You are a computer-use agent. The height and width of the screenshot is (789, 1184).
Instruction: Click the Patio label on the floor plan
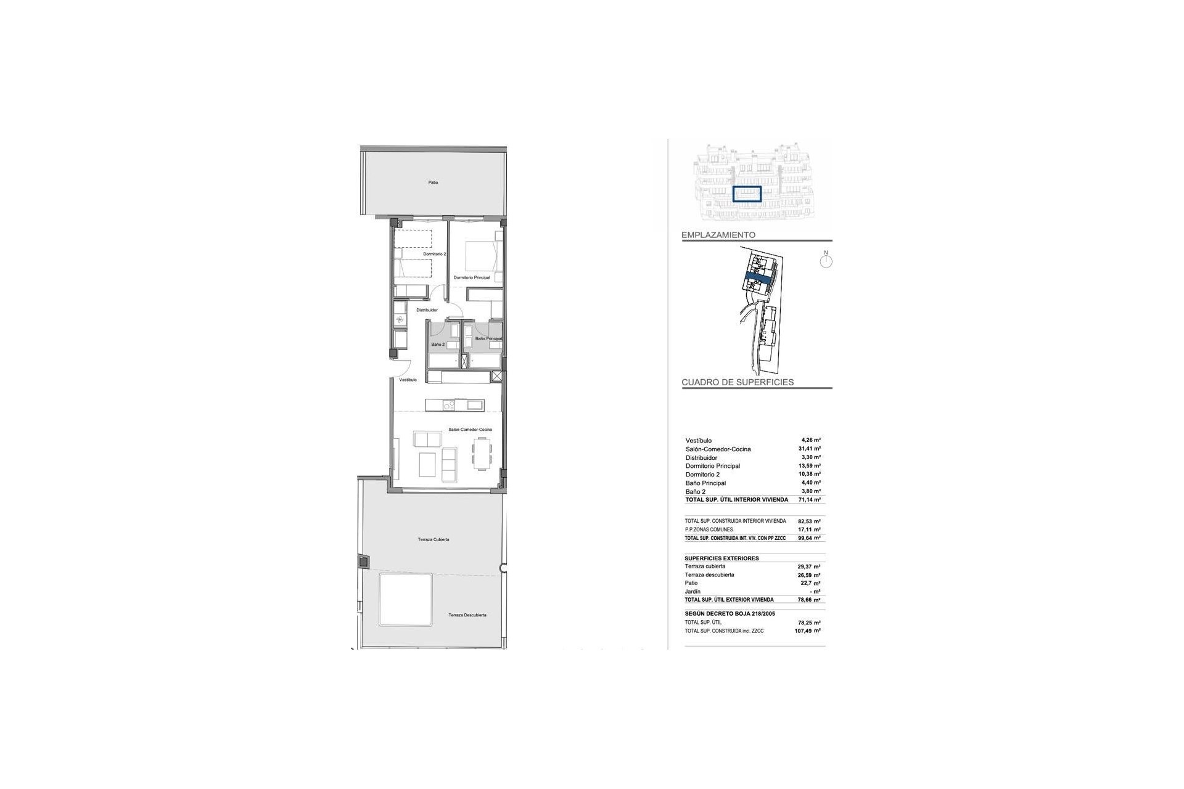[x=434, y=182]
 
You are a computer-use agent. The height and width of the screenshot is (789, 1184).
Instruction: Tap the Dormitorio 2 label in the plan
[x=434, y=254]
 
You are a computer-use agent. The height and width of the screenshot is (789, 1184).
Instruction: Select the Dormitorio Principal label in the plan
[x=472, y=278]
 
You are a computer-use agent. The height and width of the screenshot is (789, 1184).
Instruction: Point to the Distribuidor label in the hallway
[x=427, y=310]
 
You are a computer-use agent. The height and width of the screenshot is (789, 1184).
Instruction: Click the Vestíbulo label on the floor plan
[x=408, y=380]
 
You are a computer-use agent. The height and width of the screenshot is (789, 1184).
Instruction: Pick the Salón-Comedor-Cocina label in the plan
[x=471, y=429]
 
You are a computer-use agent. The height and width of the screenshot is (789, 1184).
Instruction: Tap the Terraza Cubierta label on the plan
[x=434, y=539]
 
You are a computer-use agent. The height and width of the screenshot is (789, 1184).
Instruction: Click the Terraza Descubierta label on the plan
[x=467, y=615]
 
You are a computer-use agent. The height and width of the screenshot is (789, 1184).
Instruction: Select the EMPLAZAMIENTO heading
[x=718, y=235]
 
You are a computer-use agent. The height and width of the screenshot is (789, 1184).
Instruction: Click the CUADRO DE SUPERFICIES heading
[x=738, y=382]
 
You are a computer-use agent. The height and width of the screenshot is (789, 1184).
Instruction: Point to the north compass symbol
[x=826, y=261]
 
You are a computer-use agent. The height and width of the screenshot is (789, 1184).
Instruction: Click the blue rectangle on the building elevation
[x=747, y=194]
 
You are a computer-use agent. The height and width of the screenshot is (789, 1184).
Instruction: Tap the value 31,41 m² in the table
[x=809, y=449]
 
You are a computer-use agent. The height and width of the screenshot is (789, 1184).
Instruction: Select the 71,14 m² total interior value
[x=809, y=500]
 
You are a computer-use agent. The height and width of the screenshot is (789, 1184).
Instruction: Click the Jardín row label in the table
[x=693, y=592]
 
